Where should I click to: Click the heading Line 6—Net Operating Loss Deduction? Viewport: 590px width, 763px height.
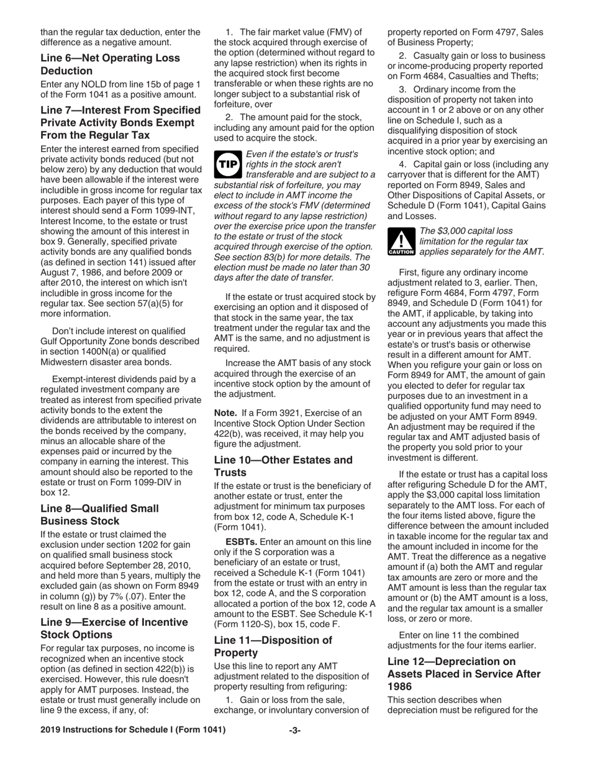(x=110, y=65)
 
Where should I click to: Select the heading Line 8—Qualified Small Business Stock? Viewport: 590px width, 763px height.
(x=99, y=514)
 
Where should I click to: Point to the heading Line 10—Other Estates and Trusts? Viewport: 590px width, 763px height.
(x=283, y=466)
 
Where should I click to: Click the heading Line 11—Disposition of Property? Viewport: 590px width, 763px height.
(x=273, y=646)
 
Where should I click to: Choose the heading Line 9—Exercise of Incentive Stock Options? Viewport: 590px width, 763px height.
(x=114, y=628)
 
